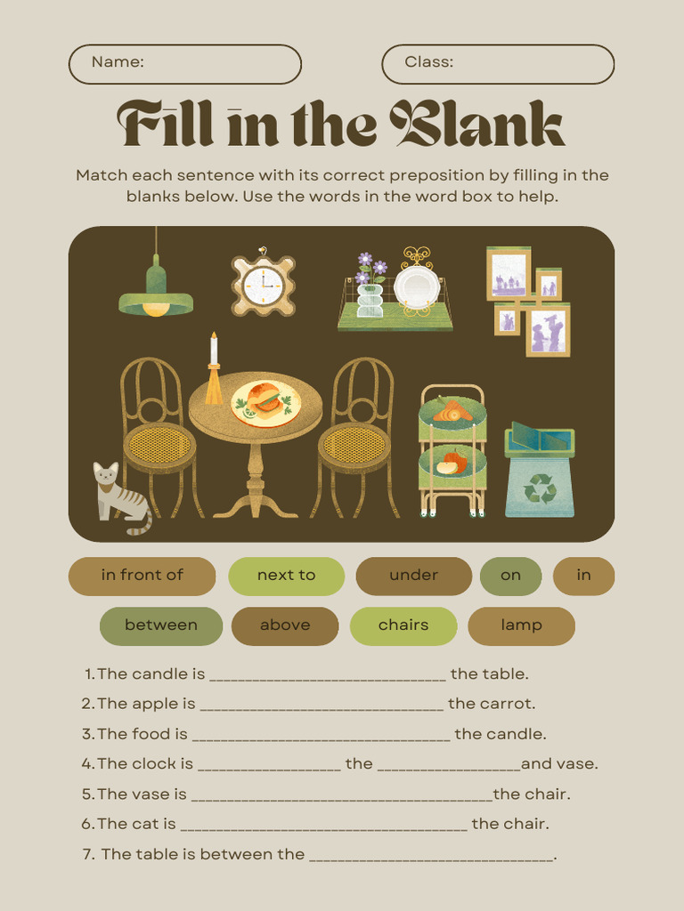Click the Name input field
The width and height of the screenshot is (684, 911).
(x=184, y=64)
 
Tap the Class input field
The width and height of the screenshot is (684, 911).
(x=498, y=64)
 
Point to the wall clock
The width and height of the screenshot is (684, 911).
(x=263, y=286)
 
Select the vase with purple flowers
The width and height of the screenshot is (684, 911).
(x=370, y=288)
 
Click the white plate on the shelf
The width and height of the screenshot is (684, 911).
(x=417, y=286)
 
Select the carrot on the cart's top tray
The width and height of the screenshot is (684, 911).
(x=452, y=411)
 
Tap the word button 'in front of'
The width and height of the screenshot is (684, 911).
(x=142, y=576)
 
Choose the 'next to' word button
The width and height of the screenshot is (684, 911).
(x=286, y=576)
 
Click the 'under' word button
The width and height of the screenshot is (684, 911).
(x=413, y=576)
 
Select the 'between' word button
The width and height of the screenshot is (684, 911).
(x=161, y=625)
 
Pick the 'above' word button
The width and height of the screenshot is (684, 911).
(x=285, y=625)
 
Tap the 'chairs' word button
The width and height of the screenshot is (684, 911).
(x=403, y=625)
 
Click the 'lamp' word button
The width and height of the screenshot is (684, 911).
(x=521, y=625)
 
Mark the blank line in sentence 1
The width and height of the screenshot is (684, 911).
(x=327, y=675)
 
